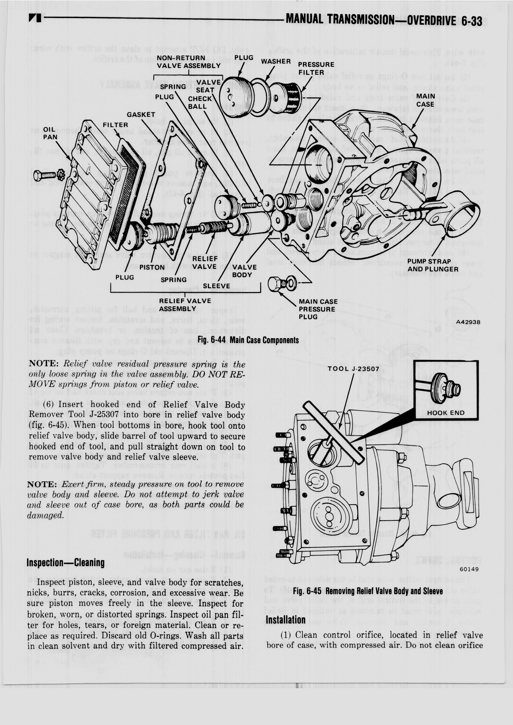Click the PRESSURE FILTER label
point(316,68)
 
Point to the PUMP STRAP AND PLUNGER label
point(433,265)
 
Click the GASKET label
point(141,115)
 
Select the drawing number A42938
point(468,322)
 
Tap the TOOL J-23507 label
point(353,369)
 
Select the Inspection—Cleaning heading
point(65,563)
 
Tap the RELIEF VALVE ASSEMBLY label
point(185,304)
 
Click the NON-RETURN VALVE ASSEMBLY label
point(189,62)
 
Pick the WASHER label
point(276,61)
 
